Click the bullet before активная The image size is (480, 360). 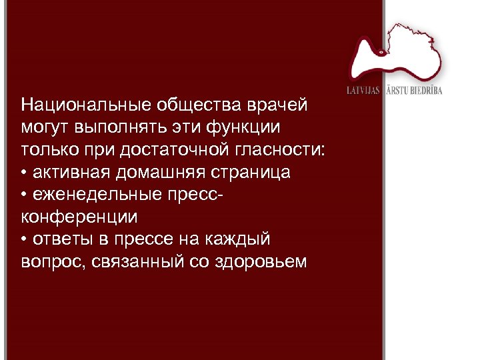coord(24,172)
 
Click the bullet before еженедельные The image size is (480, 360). coord(24,194)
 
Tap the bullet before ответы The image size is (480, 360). coord(24,239)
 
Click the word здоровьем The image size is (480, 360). coord(261,261)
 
